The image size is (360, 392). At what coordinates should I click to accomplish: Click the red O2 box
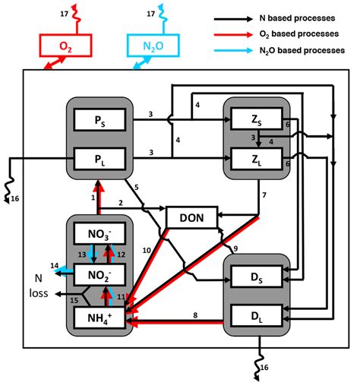tap(66, 46)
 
